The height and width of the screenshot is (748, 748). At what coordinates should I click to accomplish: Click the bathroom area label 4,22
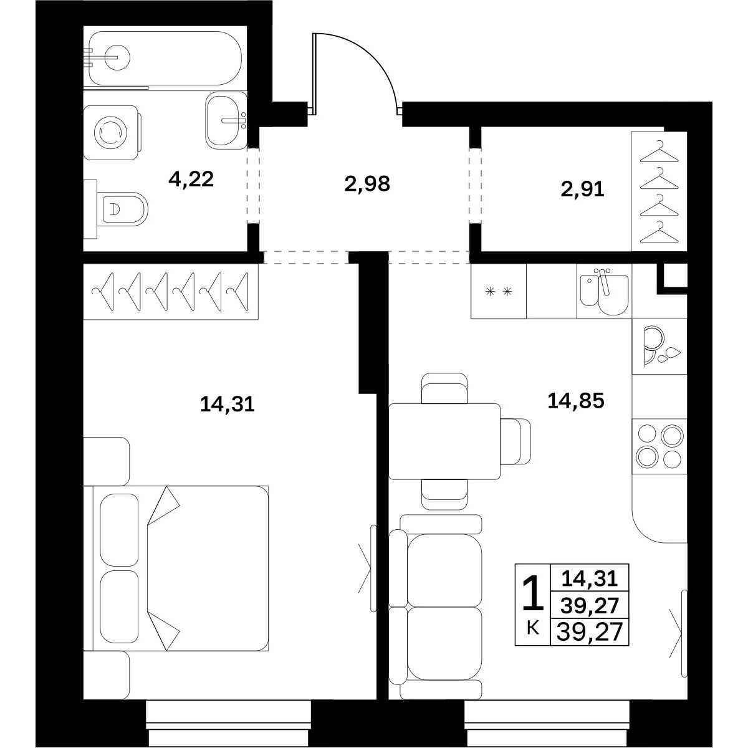(x=191, y=180)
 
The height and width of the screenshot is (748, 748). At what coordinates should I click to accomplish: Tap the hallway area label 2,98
(x=367, y=185)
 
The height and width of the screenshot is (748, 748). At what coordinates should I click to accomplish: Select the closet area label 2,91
(x=582, y=190)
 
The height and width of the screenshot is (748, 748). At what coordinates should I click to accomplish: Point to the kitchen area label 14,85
(x=576, y=401)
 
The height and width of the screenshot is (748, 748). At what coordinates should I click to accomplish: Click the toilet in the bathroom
(x=122, y=209)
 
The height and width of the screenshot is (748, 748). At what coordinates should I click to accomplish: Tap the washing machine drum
(x=110, y=132)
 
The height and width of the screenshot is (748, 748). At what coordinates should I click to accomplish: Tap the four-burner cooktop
(x=659, y=446)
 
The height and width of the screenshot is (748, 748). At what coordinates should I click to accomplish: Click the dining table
(x=444, y=441)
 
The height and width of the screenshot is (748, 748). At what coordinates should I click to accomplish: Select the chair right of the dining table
(x=515, y=441)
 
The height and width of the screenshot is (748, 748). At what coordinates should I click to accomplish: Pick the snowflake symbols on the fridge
(x=499, y=292)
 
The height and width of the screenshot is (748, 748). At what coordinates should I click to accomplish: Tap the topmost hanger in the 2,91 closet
(x=659, y=151)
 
